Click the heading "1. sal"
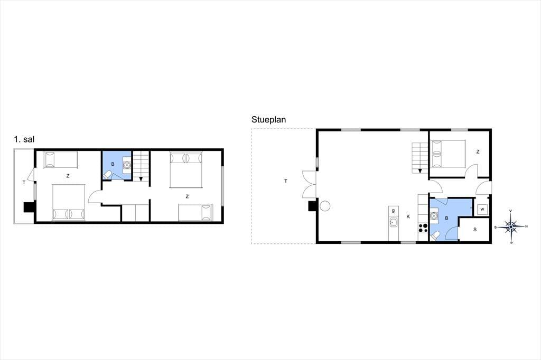pos(24,139)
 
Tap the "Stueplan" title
pos(268,120)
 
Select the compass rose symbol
pos(511,226)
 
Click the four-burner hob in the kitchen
pos(423,228)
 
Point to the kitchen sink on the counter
pos(393,222)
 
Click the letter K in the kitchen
pos(408,216)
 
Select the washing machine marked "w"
pos(482,210)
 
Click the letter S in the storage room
pos(475,229)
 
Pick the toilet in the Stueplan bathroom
pos(435,236)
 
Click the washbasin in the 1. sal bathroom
pos(127,165)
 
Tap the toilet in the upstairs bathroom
pos(108,175)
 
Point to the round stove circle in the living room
pos(325,206)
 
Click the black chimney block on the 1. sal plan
pos(29,207)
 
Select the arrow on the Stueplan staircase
pos(420,170)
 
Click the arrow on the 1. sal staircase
pos(141,179)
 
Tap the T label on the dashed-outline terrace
pos(286,181)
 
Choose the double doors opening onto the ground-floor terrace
pos(310,184)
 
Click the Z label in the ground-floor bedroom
pos(478,151)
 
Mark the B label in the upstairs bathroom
pos(113,164)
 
